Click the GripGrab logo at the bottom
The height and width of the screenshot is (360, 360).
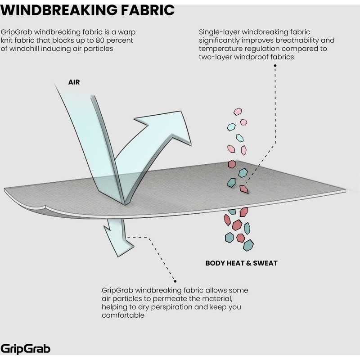(26, 348)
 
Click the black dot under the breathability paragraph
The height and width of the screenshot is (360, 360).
(275, 65)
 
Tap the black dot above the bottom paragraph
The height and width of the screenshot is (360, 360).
(175, 281)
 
